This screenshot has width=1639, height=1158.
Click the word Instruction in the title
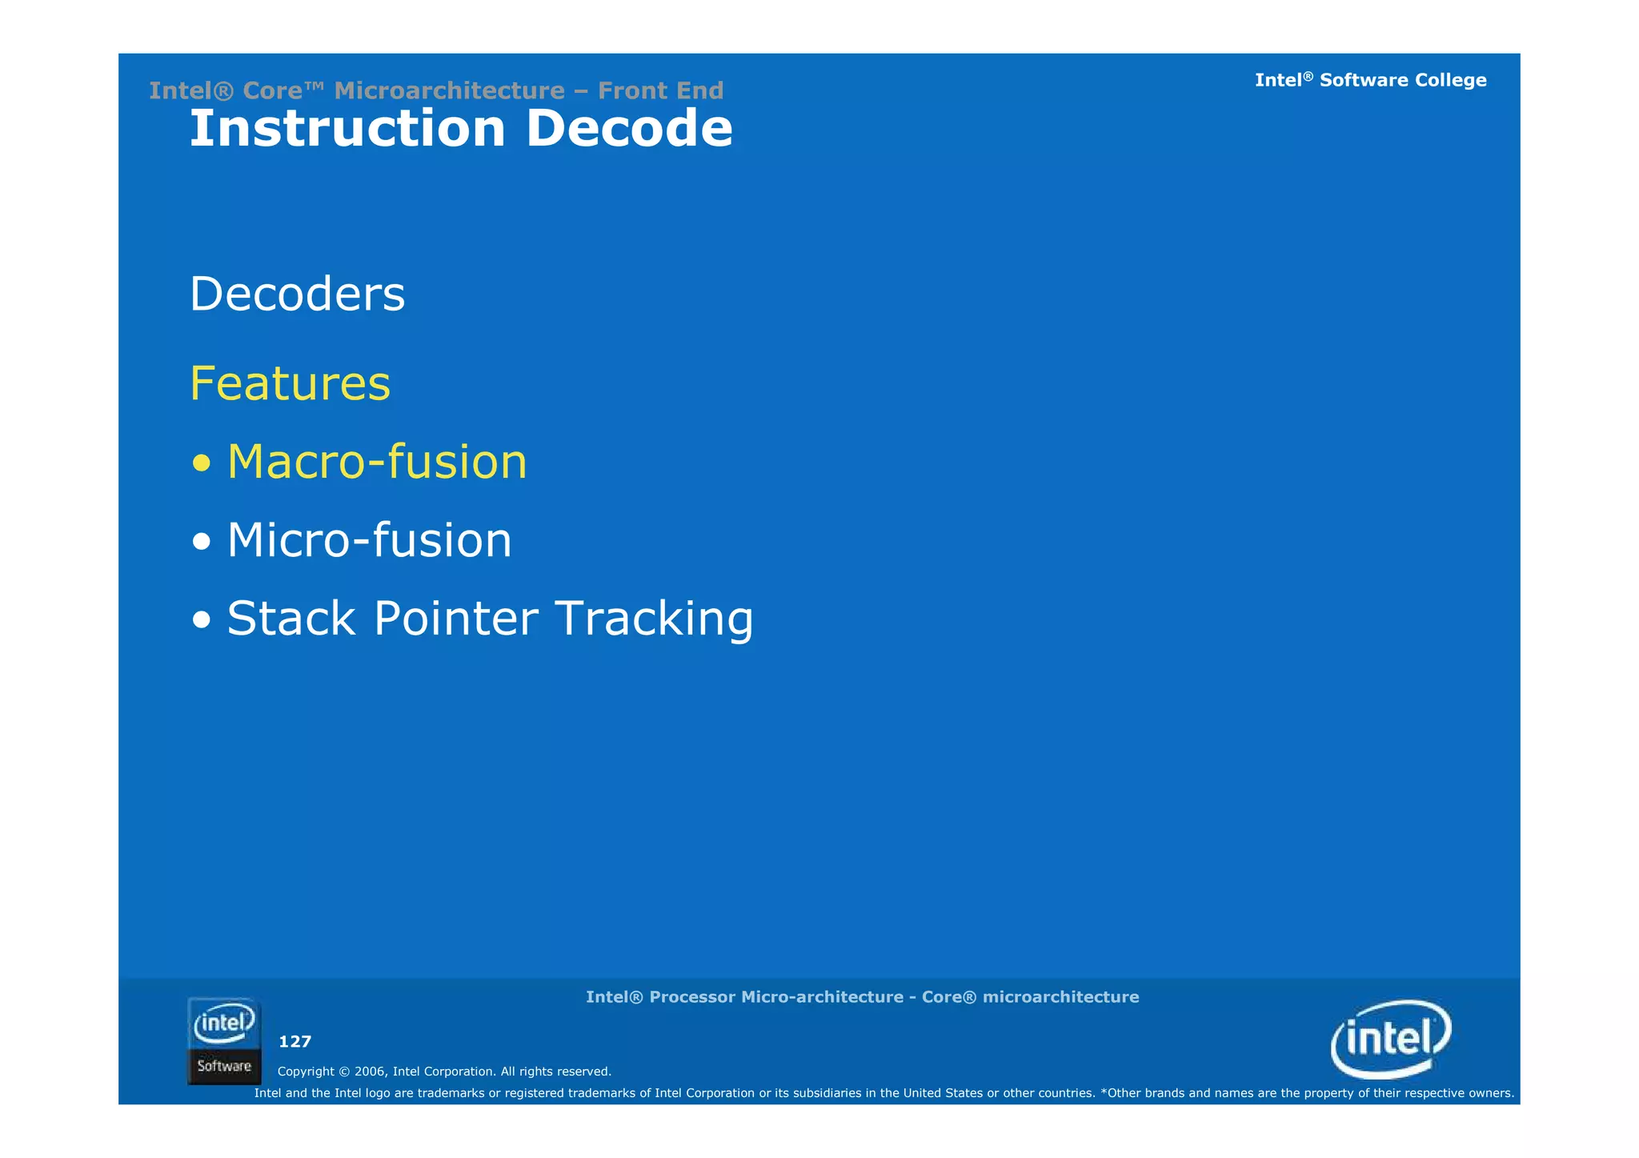(347, 129)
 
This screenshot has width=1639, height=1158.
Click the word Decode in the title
(629, 129)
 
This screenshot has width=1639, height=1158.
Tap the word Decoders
(297, 294)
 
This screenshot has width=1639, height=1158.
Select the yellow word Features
(290, 383)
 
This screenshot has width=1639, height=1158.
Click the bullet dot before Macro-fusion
(202, 463)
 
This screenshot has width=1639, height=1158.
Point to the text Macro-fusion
(377, 462)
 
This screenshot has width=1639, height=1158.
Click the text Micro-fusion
(369, 540)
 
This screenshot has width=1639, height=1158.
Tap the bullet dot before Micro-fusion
(202, 542)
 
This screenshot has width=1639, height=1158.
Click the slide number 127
(295, 1041)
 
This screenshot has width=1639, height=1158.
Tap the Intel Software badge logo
(224, 1041)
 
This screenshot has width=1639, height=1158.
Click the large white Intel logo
(1391, 1039)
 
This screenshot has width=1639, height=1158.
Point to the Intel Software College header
(1370, 80)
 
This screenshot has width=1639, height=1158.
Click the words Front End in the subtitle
(660, 90)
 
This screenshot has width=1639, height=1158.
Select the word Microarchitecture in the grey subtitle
(449, 90)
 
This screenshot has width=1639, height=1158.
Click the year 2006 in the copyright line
(371, 1072)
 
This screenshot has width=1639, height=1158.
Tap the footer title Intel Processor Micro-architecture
(862, 997)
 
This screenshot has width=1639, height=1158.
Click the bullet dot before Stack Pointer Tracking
(202, 620)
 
